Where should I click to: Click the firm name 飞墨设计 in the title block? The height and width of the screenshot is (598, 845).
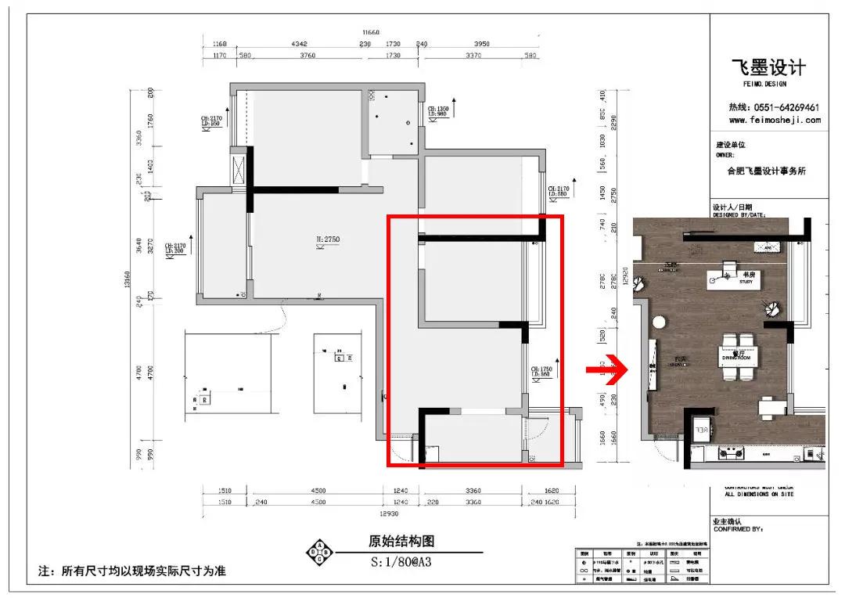point(768,68)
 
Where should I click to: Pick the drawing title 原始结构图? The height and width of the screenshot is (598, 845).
point(401,542)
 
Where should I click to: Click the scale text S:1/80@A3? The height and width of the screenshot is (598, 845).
point(402,561)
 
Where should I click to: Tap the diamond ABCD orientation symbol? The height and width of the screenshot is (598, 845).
point(319,553)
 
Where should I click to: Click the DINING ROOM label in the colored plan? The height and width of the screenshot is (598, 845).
point(736,358)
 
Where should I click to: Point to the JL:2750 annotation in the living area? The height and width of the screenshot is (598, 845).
point(326,238)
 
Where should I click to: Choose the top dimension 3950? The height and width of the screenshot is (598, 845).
point(477,44)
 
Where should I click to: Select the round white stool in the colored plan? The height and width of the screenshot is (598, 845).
point(659,321)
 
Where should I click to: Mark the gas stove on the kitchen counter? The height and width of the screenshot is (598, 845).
point(736,451)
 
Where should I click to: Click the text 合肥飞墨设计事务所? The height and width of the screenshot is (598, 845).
point(766,171)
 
